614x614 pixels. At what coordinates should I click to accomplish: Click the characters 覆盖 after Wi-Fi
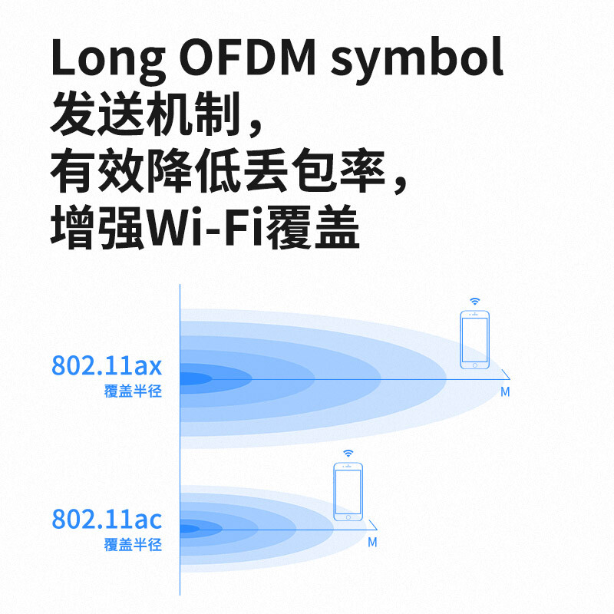[x=312, y=228]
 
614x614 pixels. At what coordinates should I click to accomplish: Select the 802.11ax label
[x=107, y=366]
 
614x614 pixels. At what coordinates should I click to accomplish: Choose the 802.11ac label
[x=107, y=520]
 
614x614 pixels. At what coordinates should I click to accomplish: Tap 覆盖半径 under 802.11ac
[x=133, y=545]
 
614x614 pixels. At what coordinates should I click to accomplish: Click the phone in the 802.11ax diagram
[x=474, y=340]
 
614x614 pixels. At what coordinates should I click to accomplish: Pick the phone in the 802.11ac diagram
[x=348, y=494]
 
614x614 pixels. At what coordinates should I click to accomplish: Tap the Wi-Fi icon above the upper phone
[x=474, y=301]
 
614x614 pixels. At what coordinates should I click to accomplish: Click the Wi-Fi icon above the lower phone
[x=348, y=454]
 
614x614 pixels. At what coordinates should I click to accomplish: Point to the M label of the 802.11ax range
[x=505, y=392]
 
